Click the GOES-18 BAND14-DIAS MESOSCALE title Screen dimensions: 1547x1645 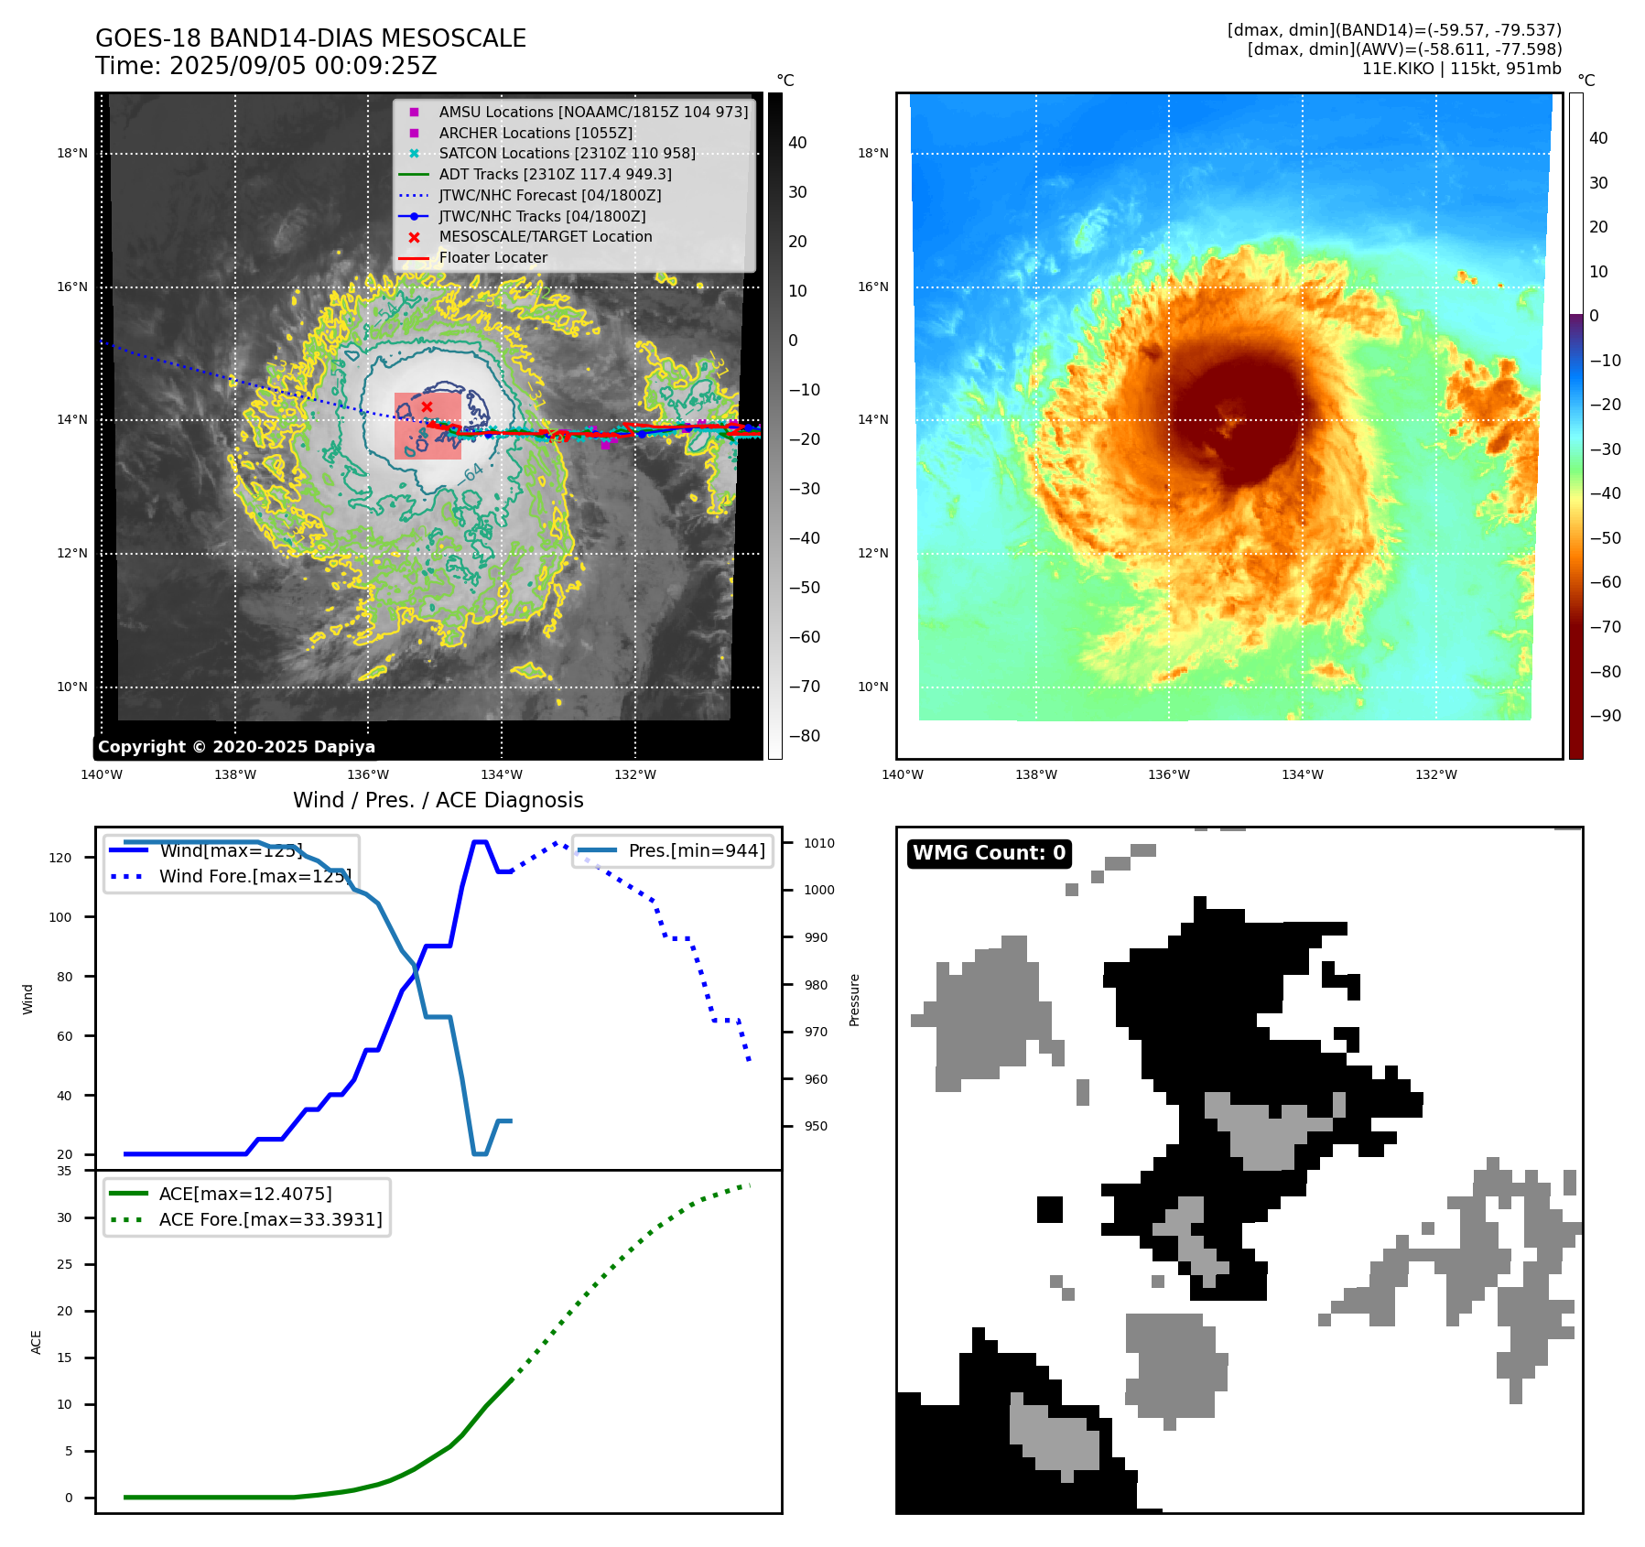click(x=310, y=38)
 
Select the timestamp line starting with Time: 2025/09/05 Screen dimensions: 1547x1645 click(x=265, y=66)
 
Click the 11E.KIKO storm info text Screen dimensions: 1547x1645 click(x=1461, y=69)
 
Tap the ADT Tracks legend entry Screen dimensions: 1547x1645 click(x=555, y=174)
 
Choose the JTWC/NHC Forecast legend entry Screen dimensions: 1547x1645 click(x=549, y=195)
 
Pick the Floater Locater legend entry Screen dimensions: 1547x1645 click(x=492, y=257)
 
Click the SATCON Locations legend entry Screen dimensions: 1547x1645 click(x=567, y=153)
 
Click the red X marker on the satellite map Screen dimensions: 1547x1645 click(x=427, y=406)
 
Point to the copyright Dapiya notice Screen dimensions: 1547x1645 click(x=236, y=747)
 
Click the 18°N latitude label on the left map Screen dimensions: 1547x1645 click(x=72, y=153)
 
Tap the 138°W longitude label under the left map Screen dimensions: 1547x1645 click(x=235, y=774)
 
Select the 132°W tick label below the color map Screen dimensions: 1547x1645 click(x=1435, y=774)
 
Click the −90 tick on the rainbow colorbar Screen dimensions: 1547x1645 click(x=1605, y=716)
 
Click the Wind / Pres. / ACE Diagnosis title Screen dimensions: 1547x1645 click(x=438, y=800)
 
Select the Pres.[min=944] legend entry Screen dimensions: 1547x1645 click(x=696, y=850)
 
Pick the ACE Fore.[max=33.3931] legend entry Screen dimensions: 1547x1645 click(x=270, y=1219)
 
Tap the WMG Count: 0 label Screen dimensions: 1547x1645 click(x=989, y=853)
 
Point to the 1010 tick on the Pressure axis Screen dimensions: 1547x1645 click(x=819, y=843)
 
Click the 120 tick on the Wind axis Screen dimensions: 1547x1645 click(x=60, y=858)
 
